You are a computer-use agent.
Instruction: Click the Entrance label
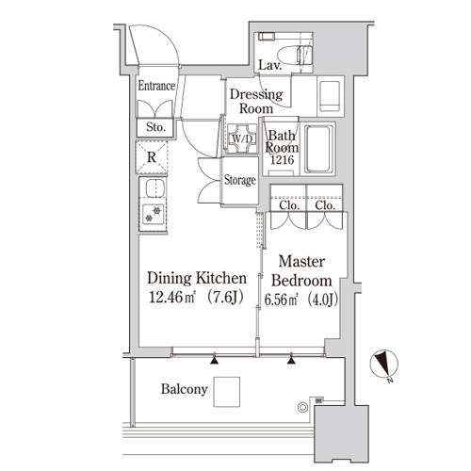pos(156,86)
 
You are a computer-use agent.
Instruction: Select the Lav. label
pos(269,65)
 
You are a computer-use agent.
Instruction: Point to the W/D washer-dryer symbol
pos(242,138)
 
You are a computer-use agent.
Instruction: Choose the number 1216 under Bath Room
pos(283,160)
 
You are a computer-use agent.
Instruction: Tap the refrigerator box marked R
pos(152,157)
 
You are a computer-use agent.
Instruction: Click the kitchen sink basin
pos(155,187)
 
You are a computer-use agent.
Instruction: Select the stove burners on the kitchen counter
pos(153,214)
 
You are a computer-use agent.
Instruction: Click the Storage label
pos(240,180)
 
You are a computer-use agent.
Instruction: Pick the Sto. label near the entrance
pos(155,127)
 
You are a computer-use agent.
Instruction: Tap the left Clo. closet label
pos(288,205)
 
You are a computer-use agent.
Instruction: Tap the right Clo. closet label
pos(325,205)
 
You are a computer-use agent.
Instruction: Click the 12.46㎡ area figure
pos(172,297)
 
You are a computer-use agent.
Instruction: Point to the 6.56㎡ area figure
pos(281,300)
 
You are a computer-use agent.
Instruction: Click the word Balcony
pos(185,389)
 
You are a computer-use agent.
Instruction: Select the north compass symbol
pos(384,365)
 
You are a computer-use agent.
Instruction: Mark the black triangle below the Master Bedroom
pos(291,359)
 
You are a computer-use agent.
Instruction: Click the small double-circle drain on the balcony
pos(302,408)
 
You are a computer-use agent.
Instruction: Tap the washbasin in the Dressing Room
pos(329,96)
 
